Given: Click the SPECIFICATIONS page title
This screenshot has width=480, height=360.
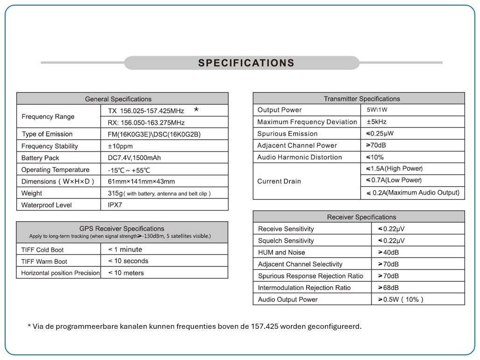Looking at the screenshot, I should click(x=246, y=63).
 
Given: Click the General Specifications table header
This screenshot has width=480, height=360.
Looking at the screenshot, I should click(x=118, y=99).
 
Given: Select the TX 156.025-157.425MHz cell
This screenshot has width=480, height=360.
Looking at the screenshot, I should click(x=146, y=111).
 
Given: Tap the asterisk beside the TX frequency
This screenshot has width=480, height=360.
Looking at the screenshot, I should click(x=196, y=110).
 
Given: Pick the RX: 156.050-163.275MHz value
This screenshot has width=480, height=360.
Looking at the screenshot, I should click(x=146, y=122).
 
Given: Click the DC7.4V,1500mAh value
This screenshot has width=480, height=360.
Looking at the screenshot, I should click(x=134, y=158).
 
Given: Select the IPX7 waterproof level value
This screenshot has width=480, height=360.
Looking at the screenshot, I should click(x=115, y=205).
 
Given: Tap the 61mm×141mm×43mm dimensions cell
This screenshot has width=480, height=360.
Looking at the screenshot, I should click(x=141, y=181).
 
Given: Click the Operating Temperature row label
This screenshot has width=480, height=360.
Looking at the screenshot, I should click(x=55, y=170).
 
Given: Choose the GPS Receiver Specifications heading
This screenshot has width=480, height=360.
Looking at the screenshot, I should click(x=122, y=229).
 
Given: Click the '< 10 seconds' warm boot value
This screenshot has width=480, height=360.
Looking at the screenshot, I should click(x=128, y=261).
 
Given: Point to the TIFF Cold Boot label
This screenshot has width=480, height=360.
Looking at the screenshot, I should click(x=42, y=250).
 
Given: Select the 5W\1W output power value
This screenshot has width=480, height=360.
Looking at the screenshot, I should click(x=377, y=110).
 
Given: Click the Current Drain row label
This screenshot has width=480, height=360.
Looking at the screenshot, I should click(x=279, y=181).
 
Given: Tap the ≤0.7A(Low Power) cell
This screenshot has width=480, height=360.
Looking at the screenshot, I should click(x=394, y=180).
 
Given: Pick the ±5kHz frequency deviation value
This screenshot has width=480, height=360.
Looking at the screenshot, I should click(x=377, y=122).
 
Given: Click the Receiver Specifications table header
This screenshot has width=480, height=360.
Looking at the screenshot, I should click(x=361, y=217).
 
